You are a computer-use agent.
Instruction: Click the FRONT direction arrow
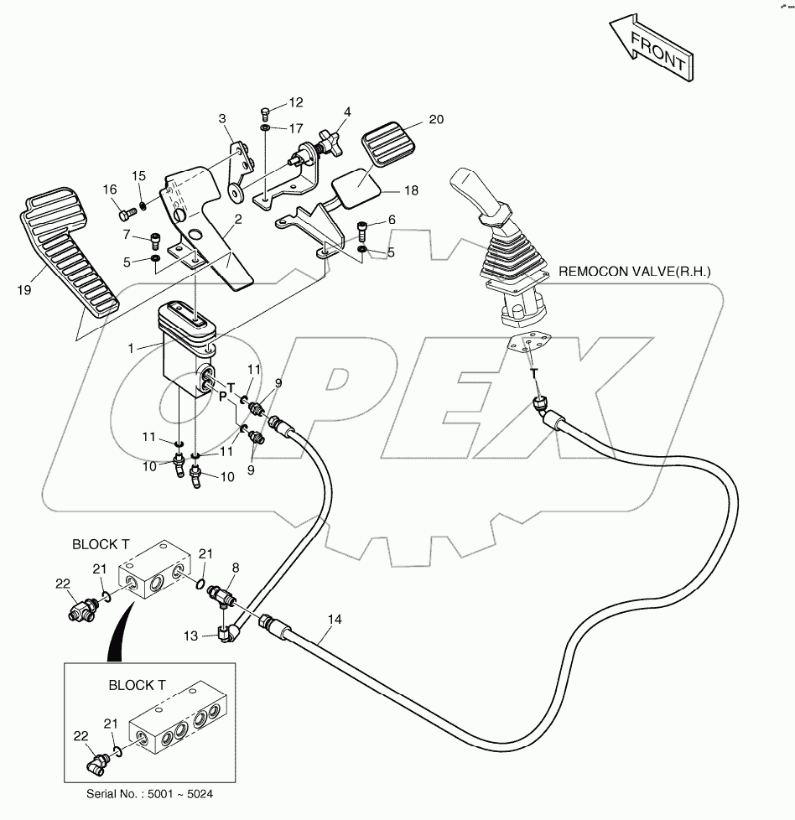[x=650, y=49]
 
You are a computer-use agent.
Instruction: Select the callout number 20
[x=434, y=120]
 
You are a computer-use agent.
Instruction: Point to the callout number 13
[x=190, y=636]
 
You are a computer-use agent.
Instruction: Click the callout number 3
[x=223, y=119]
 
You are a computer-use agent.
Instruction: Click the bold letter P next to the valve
[x=223, y=397]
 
